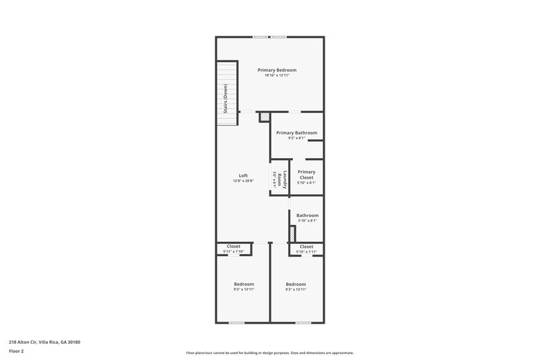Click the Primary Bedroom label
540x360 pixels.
(x=277, y=70)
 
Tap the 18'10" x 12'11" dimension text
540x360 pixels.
(x=277, y=76)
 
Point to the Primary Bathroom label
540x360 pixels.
(x=296, y=133)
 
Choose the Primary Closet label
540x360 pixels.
(x=306, y=174)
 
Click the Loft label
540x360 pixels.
(x=243, y=176)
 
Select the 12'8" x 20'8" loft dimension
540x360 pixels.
(x=243, y=181)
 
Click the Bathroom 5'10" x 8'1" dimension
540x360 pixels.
(x=307, y=221)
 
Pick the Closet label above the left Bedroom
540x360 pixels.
(x=234, y=247)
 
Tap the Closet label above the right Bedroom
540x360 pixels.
(x=306, y=247)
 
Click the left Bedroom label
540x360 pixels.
(x=244, y=284)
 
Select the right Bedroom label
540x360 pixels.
(x=296, y=284)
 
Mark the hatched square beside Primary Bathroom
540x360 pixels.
(x=265, y=117)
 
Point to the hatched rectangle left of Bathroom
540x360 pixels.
(x=292, y=234)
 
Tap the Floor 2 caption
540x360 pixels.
(x=16, y=351)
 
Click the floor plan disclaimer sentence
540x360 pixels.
(x=269, y=353)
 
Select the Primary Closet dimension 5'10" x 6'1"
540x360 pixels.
(x=306, y=183)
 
